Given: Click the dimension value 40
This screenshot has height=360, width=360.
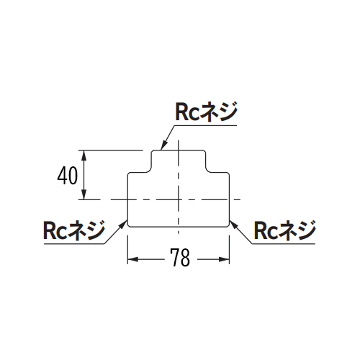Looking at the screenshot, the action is click(x=68, y=176).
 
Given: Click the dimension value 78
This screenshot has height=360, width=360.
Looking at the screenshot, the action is click(x=180, y=257).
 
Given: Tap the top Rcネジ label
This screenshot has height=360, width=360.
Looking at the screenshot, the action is click(x=207, y=112).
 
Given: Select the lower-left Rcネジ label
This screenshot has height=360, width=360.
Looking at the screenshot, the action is click(x=74, y=230).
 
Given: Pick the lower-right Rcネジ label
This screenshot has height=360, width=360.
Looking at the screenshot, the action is click(x=285, y=230).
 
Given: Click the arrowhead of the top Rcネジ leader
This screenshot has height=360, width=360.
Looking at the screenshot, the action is click(x=163, y=145).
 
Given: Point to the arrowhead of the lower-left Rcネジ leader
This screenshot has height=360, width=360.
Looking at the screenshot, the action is click(x=123, y=225).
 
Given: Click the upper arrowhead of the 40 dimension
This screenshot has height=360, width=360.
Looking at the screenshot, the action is click(x=84, y=156).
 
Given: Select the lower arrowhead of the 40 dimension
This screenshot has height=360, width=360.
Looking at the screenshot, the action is click(x=84, y=194).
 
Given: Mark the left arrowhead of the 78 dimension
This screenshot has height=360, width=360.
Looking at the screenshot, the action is click(x=132, y=259).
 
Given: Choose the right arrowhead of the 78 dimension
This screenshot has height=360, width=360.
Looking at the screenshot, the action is click(x=224, y=259).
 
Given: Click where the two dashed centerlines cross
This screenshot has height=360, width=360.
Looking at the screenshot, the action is click(x=179, y=199).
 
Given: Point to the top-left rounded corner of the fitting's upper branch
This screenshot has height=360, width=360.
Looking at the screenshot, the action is click(x=153, y=152).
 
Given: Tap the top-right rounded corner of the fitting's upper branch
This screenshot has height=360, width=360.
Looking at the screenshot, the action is click(x=204, y=152).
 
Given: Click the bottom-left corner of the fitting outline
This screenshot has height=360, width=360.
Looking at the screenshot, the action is click(x=129, y=225).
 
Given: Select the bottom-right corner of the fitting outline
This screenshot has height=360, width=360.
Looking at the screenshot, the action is click(x=228, y=225).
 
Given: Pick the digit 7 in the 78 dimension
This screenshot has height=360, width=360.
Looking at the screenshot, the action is click(x=175, y=257).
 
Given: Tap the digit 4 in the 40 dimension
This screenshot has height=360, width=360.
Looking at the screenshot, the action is click(x=62, y=176).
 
